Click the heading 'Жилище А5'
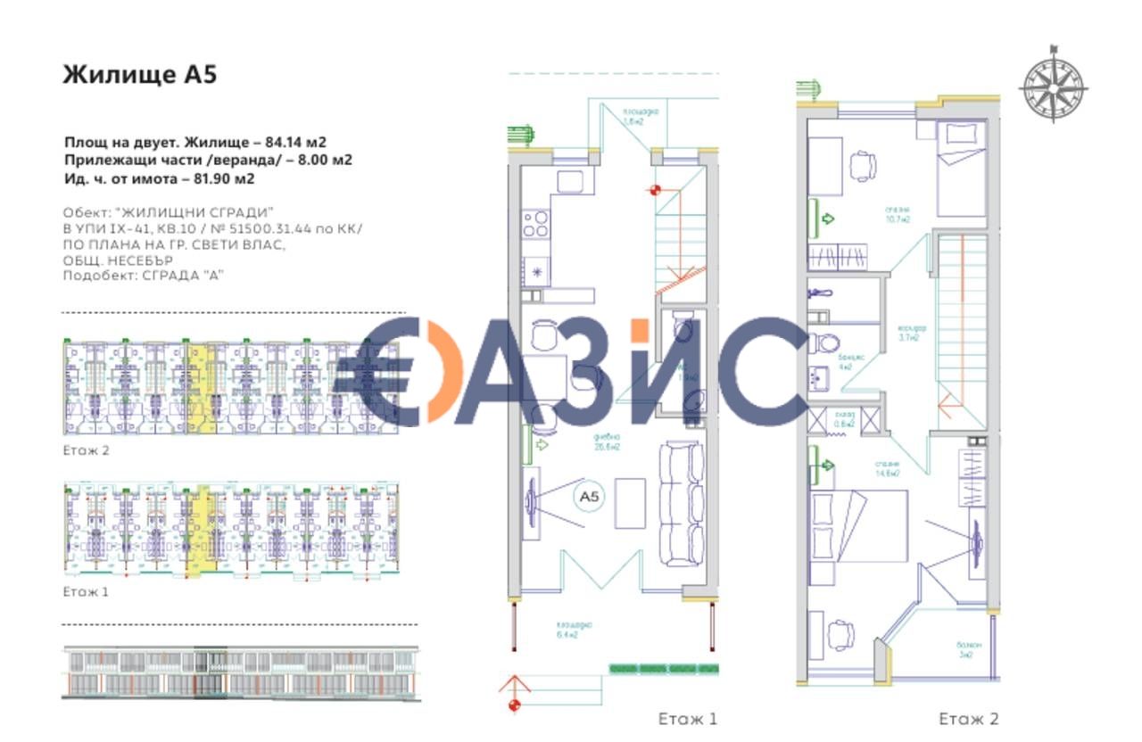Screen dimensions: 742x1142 point(139,75)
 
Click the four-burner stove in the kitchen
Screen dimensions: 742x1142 point(535,223)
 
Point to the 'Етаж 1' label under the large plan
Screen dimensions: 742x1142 point(687,718)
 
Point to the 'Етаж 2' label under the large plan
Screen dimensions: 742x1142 point(969,718)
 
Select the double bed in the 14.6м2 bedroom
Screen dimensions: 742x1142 point(858,527)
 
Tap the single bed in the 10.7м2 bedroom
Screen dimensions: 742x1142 point(961,170)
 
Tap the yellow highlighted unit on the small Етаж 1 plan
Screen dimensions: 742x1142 point(204,530)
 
